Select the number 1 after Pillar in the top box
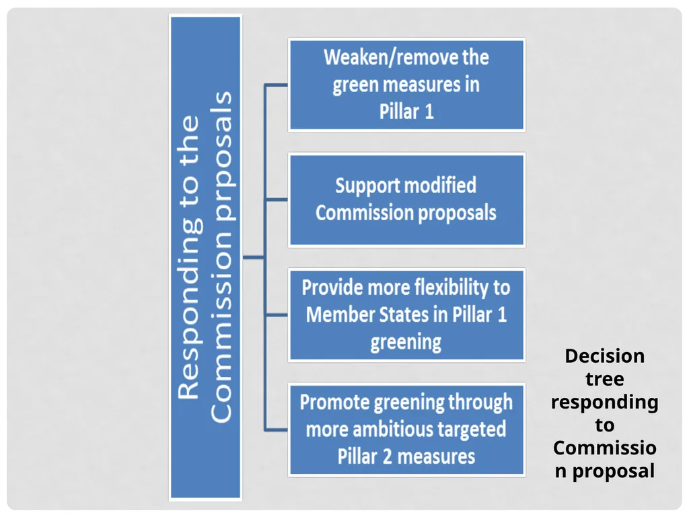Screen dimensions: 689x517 (429, 112)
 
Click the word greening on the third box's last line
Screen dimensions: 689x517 (406, 343)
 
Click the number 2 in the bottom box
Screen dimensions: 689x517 (387, 457)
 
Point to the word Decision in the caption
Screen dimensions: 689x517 (605, 356)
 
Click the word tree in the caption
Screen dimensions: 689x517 (605, 380)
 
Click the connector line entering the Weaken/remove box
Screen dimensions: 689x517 (277, 85)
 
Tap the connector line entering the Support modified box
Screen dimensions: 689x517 (277, 199)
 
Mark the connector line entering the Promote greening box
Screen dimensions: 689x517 (277, 429)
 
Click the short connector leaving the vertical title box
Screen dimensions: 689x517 (254, 257)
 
